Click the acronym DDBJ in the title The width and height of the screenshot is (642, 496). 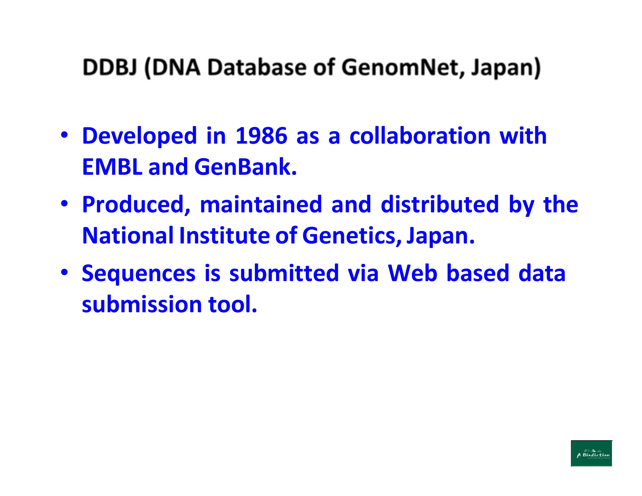pos(110,67)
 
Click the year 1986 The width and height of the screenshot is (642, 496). pos(261,136)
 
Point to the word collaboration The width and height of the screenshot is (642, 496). pos(420,136)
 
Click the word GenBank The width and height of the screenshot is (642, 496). pos(245,167)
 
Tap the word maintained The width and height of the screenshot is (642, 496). pos(261,205)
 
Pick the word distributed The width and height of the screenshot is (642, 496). pos(439,205)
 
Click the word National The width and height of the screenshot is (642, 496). pos(128,235)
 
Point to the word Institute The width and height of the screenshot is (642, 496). pos(224,235)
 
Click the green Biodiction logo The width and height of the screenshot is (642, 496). pos(591,453)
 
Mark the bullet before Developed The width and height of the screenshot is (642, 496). pos(64,135)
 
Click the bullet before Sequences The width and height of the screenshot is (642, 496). pos(64,272)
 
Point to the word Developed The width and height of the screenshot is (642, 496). pos(139,136)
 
